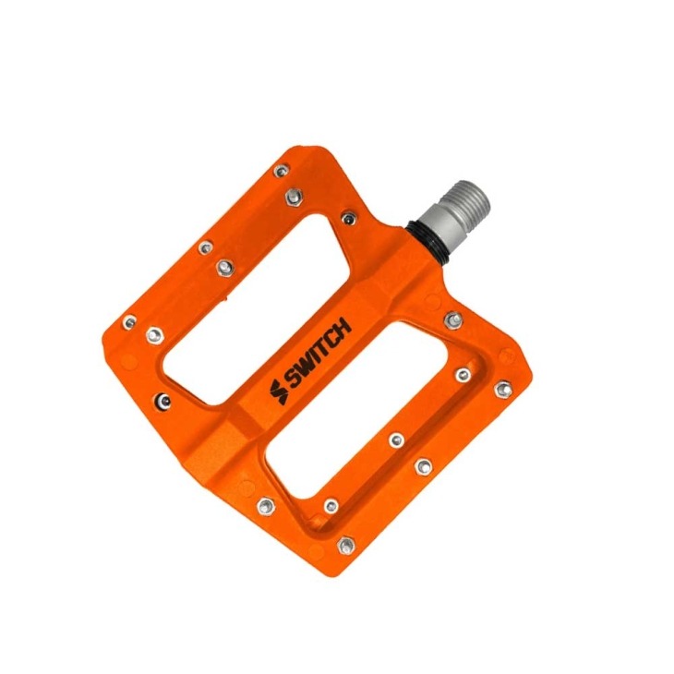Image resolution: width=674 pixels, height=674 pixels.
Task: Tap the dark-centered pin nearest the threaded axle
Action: [347, 218]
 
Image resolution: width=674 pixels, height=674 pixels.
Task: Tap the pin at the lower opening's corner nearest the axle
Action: [452, 319]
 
